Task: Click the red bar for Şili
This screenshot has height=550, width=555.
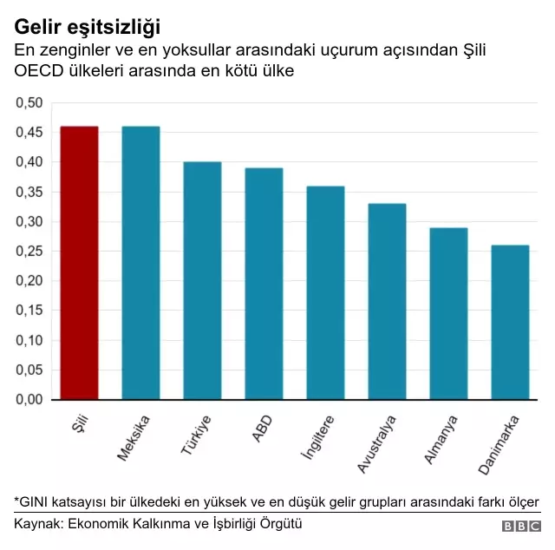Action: coord(79,263)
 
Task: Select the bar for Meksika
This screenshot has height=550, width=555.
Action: coord(140,263)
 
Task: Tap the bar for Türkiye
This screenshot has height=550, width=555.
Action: coord(202,280)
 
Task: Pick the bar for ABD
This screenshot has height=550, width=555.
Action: coord(264,284)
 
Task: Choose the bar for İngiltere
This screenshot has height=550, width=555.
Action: coord(326,292)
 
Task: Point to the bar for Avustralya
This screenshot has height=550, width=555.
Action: coord(388,301)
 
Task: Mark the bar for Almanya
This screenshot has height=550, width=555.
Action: coord(449,313)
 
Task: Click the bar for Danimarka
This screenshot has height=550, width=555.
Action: coord(511,323)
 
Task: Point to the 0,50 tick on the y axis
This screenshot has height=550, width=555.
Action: coord(29,102)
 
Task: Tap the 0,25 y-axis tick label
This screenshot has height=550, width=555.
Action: coord(29,251)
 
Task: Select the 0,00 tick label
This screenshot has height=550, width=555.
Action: coord(29,399)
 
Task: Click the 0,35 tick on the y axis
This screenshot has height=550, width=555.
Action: coord(29,192)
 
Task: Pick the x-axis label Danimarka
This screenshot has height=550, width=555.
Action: coord(499,445)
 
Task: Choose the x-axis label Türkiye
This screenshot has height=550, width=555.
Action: coord(196,435)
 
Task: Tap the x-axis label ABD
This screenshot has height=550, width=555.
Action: coord(262,429)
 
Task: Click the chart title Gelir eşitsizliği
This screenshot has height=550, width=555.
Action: coord(88,27)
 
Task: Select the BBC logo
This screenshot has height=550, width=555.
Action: coord(521,526)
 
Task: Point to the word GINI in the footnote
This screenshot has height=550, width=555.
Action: coord(33,501)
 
